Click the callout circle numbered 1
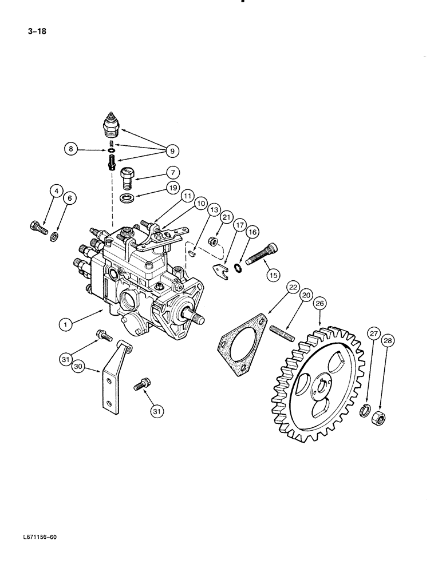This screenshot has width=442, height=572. click(x=68, y=324)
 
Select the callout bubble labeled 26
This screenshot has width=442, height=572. click(x=319, y=304)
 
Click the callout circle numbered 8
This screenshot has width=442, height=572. click(x=71, y=150)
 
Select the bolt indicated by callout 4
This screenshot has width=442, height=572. click(x=37, y=227)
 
